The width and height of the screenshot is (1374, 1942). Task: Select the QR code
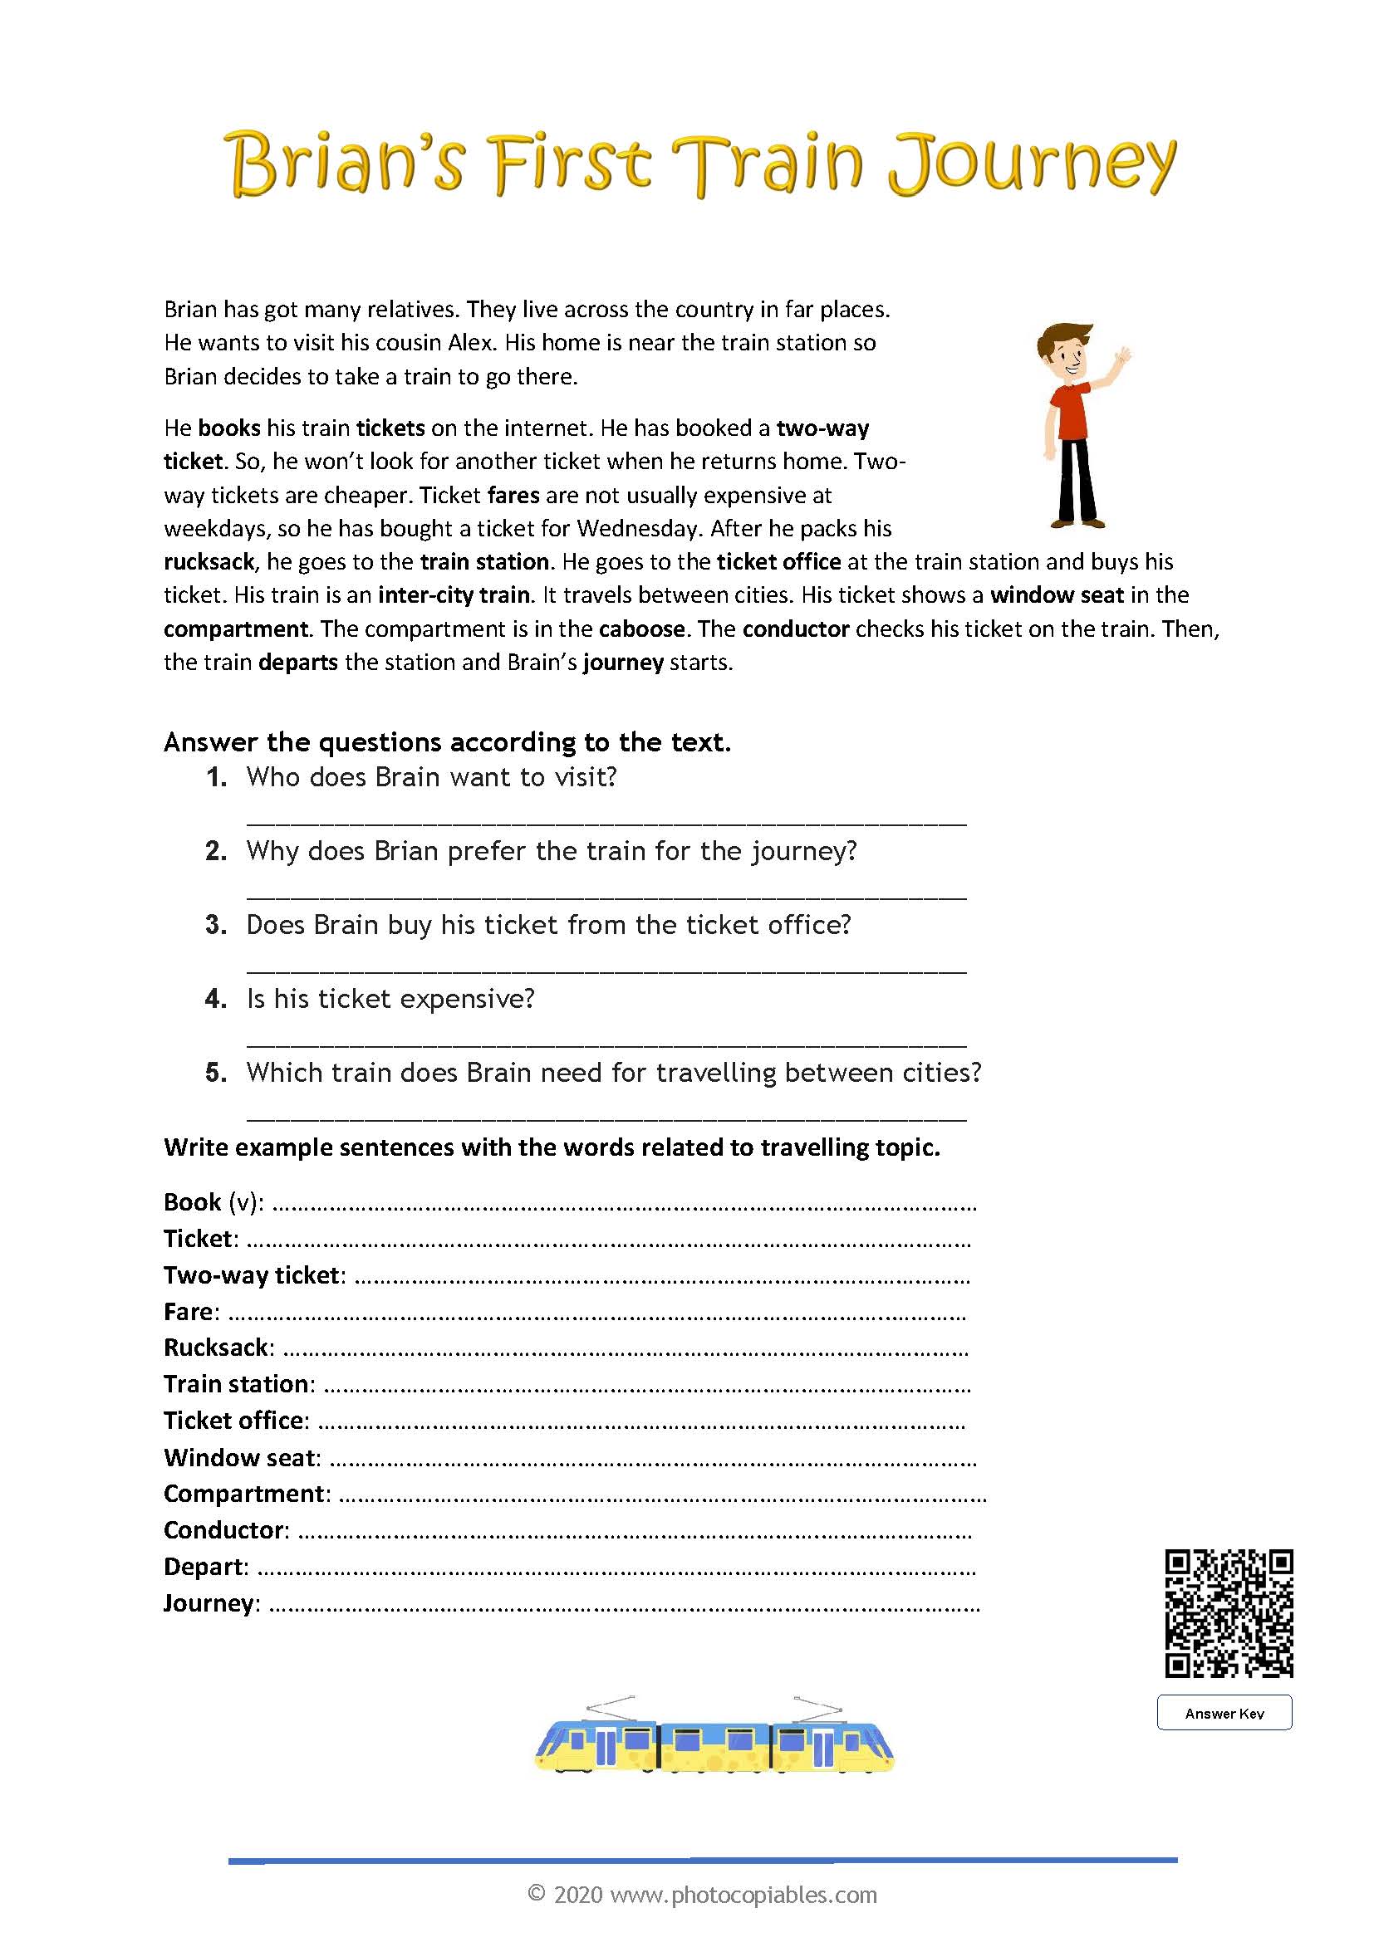[x=1229, y=1612]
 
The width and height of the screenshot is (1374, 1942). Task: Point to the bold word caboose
[x=641, y=629]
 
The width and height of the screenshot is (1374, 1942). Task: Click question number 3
[x=216, y=924]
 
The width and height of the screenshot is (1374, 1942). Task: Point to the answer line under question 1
[x=606, y=820]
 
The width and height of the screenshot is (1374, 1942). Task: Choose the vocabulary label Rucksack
[x=216, y=1348]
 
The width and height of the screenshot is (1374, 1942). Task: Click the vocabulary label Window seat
[x=240, y=1457]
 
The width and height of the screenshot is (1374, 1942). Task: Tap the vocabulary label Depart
[x=204, y=1567]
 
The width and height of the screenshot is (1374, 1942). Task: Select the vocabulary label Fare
[x=189, y=1311]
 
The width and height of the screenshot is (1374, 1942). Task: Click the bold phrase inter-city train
[x=454, y=595]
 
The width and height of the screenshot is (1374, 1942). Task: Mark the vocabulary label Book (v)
[x=212, y=1202]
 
